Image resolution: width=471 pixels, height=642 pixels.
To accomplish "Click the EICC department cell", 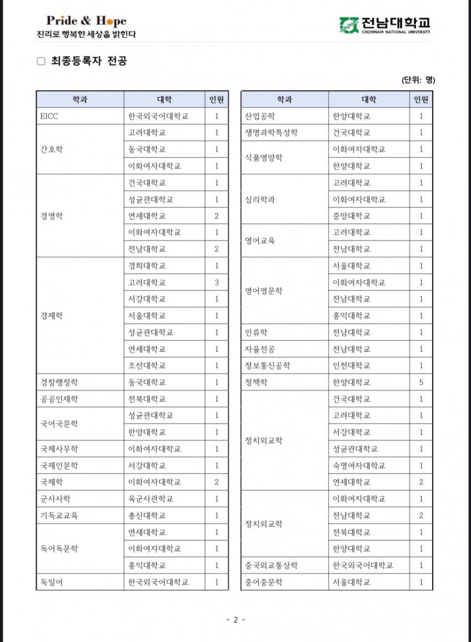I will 49,116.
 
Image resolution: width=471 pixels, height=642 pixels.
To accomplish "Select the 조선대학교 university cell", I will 147,366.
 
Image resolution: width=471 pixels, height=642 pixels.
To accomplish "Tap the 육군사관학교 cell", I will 151,499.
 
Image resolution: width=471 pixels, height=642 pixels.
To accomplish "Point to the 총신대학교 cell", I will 147,516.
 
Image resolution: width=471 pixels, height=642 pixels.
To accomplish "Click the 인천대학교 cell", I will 351,366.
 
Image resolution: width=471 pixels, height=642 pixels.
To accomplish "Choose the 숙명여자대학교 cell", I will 359,466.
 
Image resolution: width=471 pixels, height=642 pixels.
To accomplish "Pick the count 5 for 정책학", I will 421,383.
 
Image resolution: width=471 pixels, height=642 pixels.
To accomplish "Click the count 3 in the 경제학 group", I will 217,283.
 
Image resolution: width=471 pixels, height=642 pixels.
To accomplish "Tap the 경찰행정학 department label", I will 59,383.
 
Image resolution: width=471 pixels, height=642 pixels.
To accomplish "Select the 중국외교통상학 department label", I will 272,565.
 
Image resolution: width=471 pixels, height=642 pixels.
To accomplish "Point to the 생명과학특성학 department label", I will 272,133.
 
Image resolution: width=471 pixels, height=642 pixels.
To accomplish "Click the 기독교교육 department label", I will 59,516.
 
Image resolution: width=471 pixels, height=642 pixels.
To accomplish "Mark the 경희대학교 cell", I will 147,266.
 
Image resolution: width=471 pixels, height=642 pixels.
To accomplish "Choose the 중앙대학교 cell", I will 351,216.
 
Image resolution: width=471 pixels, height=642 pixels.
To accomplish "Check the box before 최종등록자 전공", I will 41,62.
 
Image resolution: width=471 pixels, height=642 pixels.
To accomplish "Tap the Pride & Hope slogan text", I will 86,21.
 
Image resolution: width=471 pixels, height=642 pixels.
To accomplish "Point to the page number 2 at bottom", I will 235,620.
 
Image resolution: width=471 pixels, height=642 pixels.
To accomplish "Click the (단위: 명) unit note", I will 418,80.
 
